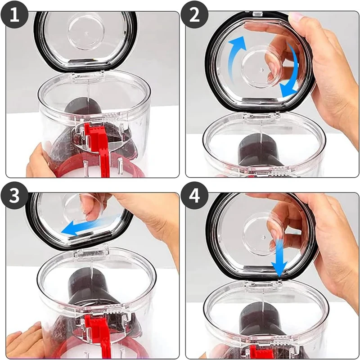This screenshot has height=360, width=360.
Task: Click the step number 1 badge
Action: (14, 15)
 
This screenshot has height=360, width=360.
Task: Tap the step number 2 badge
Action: (194, 15)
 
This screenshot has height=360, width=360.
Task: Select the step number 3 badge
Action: (14, 196)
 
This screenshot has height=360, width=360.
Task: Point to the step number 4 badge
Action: (194, 196)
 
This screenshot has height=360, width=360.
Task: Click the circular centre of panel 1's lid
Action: (86, 31)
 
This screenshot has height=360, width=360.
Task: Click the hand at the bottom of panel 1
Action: (39, 161)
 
